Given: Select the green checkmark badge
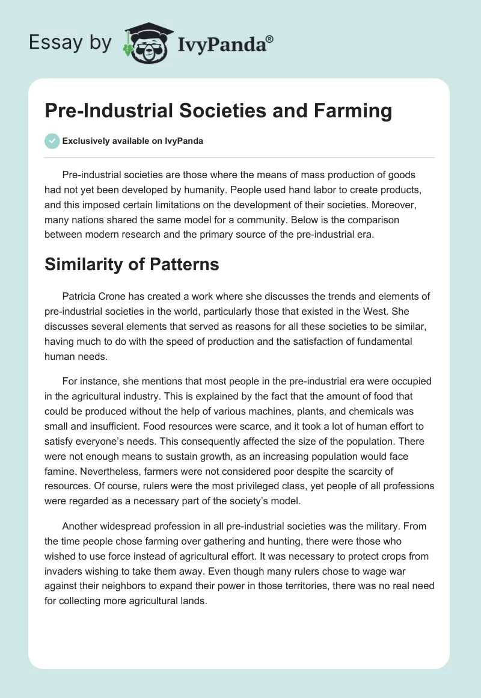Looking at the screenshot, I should (x=52, y=141).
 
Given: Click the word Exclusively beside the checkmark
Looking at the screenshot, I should (x=85, y=141).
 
